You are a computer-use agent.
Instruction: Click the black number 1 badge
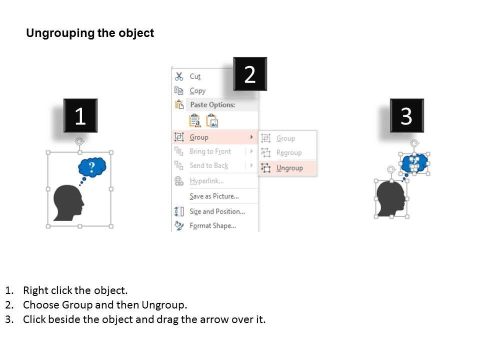click(x=80, y=115)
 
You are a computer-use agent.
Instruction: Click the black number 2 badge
click(x=250, y=74)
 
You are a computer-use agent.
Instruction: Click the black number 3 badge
click(x=407, y=115)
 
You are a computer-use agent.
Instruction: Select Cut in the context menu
click(x=195, y=76)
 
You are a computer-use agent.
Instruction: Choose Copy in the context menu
click(x=197, y=91)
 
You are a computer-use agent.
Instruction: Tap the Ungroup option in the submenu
click(x=289, y=168)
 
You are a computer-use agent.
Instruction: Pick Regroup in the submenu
click(x=289, y=153)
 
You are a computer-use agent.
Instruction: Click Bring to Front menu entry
click(x=210, y=151)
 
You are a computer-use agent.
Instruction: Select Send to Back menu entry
click(x=209, y=165)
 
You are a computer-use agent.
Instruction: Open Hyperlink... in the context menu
click(x=206, y=181)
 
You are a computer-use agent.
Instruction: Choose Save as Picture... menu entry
click(x=214, y=196)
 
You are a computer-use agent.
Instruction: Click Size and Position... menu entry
click(x=217, y=211)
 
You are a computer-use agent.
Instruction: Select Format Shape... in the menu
click(x=213, y=226)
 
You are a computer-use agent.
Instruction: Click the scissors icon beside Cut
click(x=179, y=76)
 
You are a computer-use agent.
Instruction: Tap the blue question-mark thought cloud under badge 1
click(x=92, y=167)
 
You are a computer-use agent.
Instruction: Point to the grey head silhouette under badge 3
click(x=391, y=199)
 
